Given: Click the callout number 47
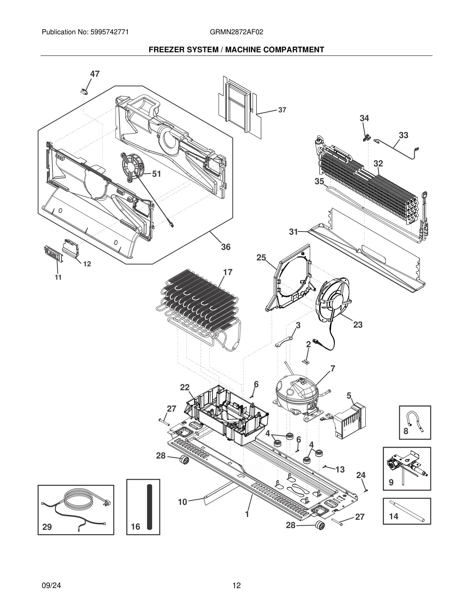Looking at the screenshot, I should point(95,74).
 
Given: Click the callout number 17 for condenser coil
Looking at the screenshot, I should point(228,272).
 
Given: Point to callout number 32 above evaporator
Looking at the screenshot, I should point(378,163).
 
